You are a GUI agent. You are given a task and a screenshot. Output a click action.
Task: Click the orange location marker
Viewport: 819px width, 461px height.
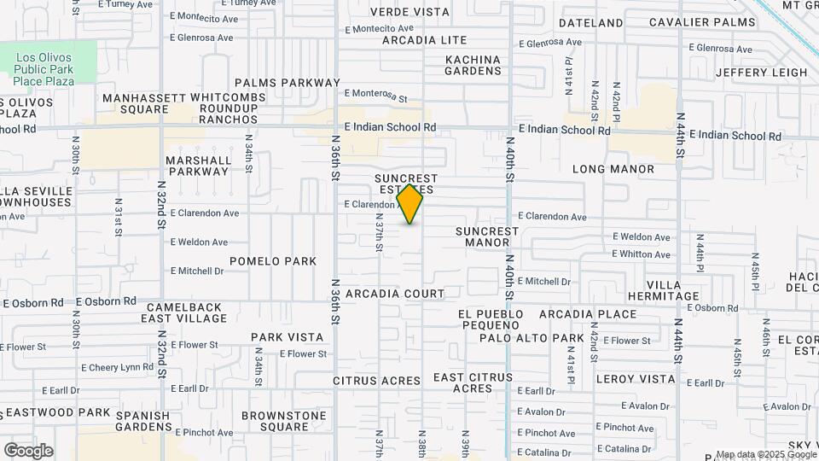410,204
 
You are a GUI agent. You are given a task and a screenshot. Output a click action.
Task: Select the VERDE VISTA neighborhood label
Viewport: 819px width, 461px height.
409,12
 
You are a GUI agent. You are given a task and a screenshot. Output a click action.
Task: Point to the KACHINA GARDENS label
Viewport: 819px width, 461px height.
473,66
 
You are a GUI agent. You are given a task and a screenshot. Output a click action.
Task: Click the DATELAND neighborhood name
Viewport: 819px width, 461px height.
591,22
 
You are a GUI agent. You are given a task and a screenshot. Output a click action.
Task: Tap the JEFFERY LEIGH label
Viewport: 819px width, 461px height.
761,73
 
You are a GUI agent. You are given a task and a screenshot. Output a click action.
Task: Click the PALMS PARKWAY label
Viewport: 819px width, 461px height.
288,83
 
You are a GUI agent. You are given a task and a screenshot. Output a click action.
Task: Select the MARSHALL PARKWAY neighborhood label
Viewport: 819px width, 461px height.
199,166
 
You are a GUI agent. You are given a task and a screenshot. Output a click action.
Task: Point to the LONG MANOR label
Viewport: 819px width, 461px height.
613,169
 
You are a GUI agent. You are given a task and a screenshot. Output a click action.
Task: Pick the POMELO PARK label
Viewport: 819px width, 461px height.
273,261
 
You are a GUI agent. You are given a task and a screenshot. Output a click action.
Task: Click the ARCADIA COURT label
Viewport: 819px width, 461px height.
395,294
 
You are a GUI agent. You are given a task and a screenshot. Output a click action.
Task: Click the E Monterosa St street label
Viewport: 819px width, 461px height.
376,93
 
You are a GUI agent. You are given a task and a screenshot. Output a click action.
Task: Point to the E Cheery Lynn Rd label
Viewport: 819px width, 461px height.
117,367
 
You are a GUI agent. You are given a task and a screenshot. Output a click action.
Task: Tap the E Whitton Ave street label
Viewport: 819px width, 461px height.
641,254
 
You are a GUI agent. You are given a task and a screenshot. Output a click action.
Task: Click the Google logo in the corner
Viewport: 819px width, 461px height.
28,451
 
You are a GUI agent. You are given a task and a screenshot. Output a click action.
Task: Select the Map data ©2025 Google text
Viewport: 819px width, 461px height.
766,455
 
